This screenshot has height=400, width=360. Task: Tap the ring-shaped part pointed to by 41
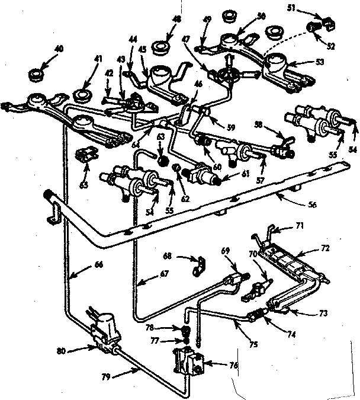[x=82, y=94]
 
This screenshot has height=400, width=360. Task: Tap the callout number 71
[x=300, y=226]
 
